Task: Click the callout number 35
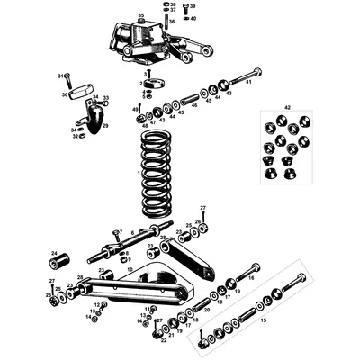tap(141, 16)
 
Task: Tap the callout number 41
tap(258, 70)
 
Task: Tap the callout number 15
tap(263, 319)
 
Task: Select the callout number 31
tap(60, 76)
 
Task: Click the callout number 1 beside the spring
tap(137, 172)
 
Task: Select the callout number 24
tap(53, 254)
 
